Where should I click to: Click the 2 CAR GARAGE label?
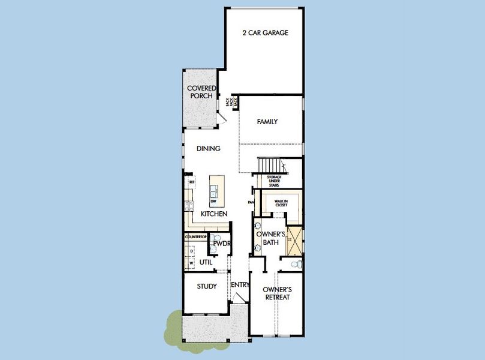click(264, 33)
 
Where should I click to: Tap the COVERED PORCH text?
click(201, 92)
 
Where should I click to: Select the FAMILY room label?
click(267, 122)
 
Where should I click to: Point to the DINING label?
click(208, 149)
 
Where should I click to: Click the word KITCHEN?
click(213, 214)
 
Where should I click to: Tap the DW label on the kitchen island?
click(213, 201)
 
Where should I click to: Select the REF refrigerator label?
click(192, 182)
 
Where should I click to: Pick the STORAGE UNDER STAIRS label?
click(278, 181)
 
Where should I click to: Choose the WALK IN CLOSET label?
click(281, 203)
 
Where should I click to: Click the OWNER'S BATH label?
click(269, 238)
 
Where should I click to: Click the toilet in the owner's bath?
click(295, 264)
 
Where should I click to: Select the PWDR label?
click(222, 244)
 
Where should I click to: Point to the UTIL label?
click(206, 262)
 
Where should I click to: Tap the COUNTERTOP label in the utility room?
click(195, 238)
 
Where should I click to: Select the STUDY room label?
click(207, 286)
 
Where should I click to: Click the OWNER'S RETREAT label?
click(276, 293)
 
